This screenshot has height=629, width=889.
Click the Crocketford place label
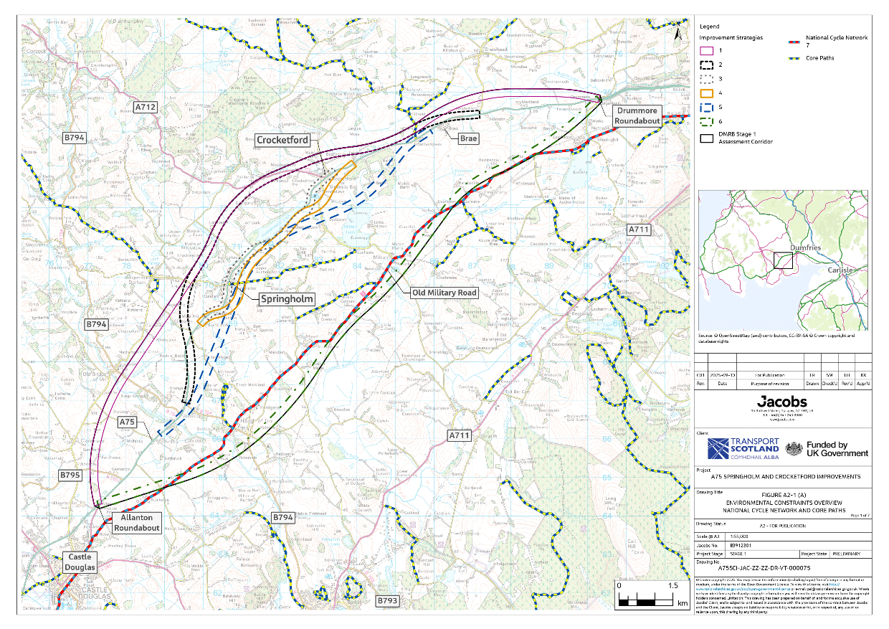point(285,140)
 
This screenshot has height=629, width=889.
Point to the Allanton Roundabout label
point(136,522)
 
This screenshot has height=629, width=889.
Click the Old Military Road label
point(444,293)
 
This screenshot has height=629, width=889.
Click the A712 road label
point(145,107)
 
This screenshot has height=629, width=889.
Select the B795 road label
point(70,476)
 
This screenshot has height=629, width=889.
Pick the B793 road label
point(386,599)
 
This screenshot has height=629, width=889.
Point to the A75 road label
point(127,422)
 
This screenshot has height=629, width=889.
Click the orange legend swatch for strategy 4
point(706,93)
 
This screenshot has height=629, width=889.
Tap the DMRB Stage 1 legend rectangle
point(706,138)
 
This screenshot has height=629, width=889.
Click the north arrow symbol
point(678,32)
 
